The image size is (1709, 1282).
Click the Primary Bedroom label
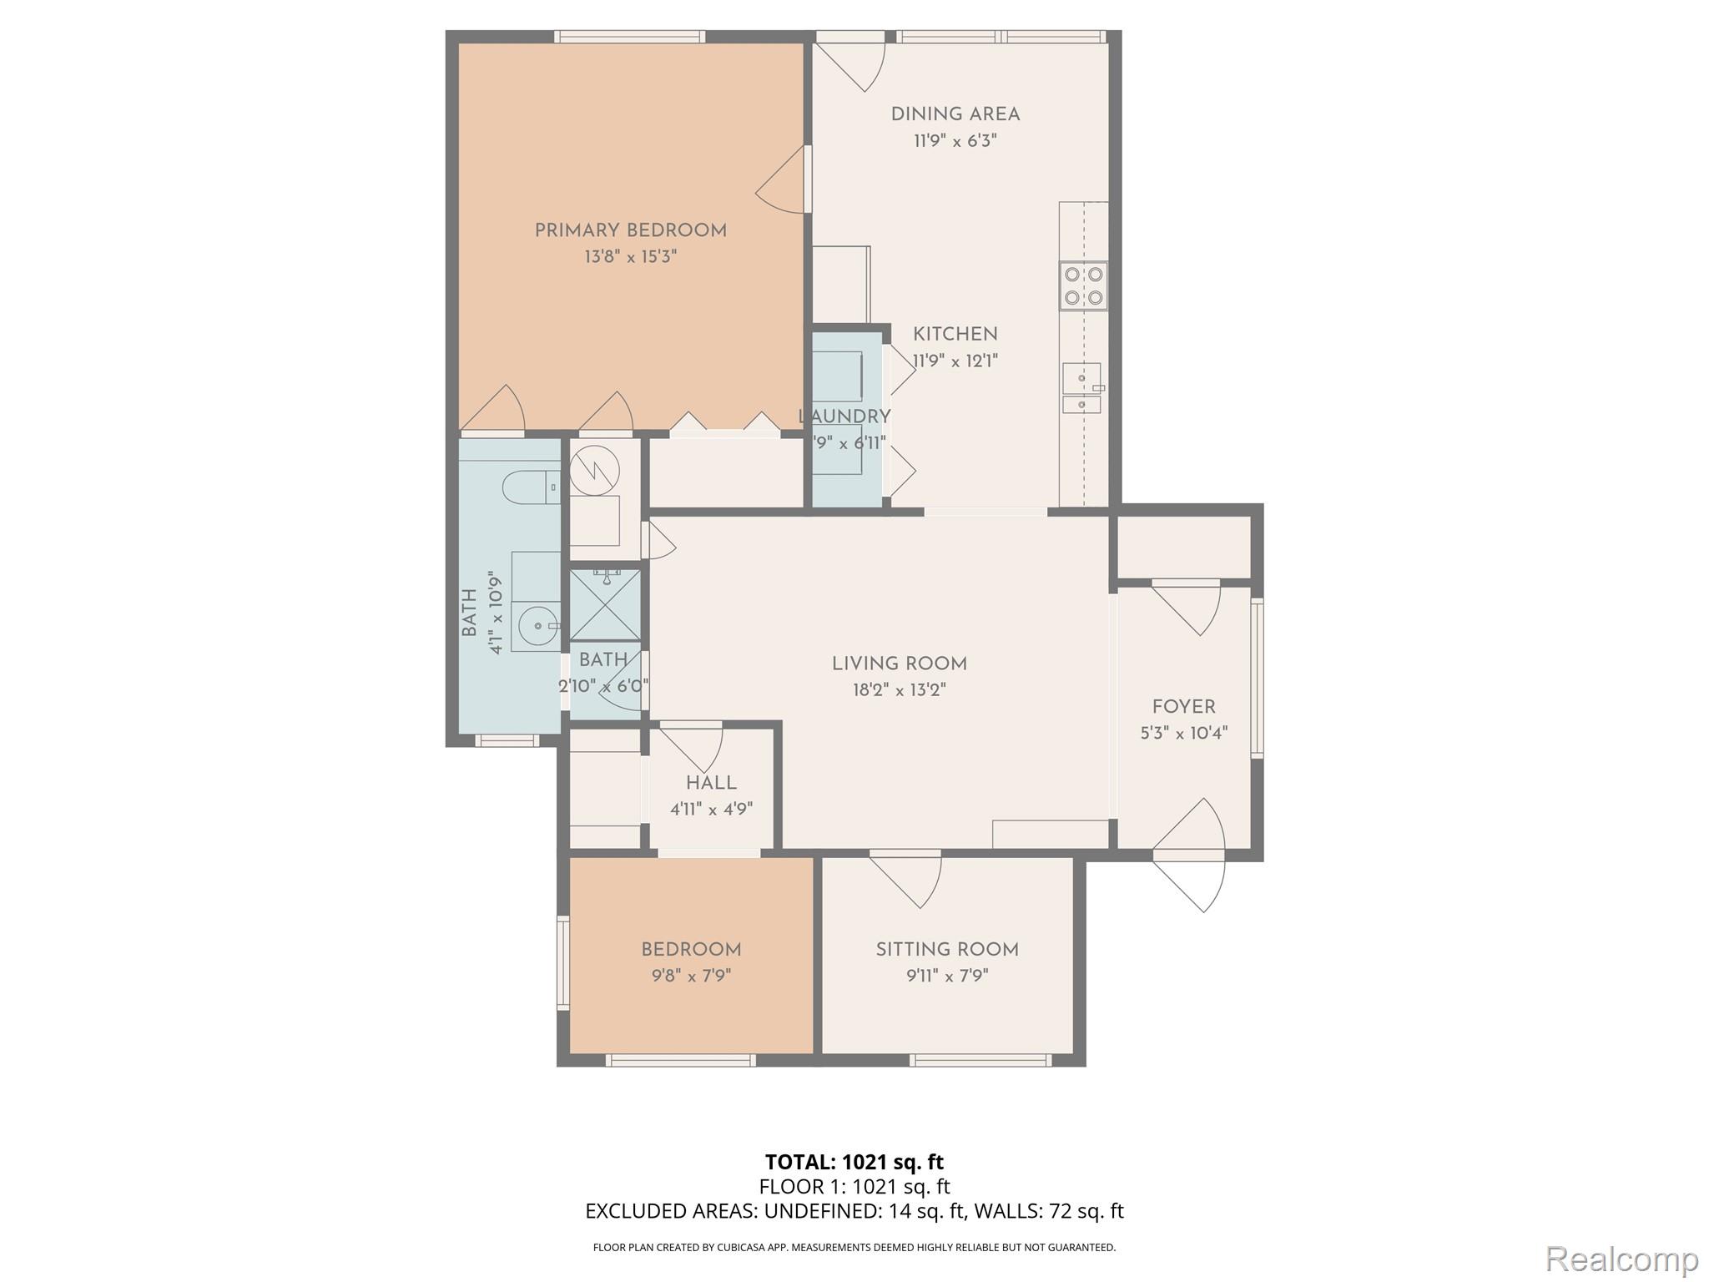click(x=630, y=230)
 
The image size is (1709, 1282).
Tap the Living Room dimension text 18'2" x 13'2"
click(x=899, y=690)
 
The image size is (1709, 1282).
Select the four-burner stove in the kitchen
click(x=1083, y=285)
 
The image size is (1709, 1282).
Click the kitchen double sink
click(x=1081, y=388)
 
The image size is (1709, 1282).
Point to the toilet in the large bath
click(x=530, y=487)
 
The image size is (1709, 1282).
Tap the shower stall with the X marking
click(x=605, y=605)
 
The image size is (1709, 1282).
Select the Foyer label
click(x=1183, y=707)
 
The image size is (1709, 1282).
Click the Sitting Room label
click(x=946, y=949)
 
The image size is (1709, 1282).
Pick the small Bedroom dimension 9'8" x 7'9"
click(x=691, y=976)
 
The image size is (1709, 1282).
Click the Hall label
click(x=711, y=783)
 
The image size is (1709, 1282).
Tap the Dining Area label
click(x=955, y=114)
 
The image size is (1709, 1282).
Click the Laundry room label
click(x=844, y=416)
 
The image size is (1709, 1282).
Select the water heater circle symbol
click(x=595, y=470)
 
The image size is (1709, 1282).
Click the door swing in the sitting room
click(x=910, y=881)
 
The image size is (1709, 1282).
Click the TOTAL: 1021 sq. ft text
click(x=854, y=1162)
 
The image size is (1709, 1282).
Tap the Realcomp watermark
click(x=1621, y=1258)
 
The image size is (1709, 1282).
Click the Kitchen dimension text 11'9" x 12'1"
click(x=955, y=361)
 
